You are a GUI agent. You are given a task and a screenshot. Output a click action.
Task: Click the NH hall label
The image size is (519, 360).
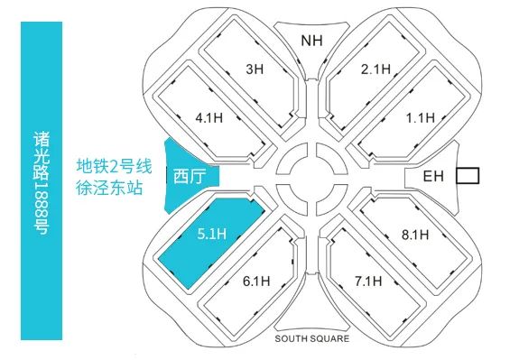(x=311, y=41)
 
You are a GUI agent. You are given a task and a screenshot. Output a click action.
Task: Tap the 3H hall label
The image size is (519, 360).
(x=255, y=69)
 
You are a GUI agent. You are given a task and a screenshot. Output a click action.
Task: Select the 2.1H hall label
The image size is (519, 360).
(x=375, y=69)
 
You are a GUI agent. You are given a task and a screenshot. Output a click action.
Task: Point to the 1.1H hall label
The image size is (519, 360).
(x=421, y=117)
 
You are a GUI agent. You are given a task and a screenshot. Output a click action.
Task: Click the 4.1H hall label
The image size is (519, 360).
(x=209, y=117)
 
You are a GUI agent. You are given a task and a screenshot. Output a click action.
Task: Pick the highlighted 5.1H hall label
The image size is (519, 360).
(x=212, y=234)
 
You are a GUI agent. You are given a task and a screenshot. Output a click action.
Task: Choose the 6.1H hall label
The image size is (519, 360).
(x=256, y=282)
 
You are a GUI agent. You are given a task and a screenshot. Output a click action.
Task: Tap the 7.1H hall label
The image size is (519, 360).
(x=368, y=282)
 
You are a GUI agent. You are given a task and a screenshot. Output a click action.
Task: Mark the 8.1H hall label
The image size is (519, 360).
(x=415, y=235)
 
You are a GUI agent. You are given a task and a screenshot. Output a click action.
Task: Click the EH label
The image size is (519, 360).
(x=433, y=176)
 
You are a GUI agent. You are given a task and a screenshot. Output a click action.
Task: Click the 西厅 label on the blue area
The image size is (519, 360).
(x=190, y=176)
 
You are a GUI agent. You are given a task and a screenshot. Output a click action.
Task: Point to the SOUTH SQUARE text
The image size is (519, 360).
(x=311, y=338)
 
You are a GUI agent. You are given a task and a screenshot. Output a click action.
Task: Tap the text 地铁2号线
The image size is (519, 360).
(x=115, y=166)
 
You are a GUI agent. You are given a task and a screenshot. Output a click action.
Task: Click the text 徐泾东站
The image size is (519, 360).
(x=109, y=188)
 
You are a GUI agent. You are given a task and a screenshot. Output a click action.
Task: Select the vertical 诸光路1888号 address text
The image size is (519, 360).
(x=42, y=183)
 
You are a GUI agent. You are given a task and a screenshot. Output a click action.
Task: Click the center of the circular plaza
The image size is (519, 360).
(x=311, y=179)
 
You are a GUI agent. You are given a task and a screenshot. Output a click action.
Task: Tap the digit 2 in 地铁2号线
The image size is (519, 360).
(x=115, y=166)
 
